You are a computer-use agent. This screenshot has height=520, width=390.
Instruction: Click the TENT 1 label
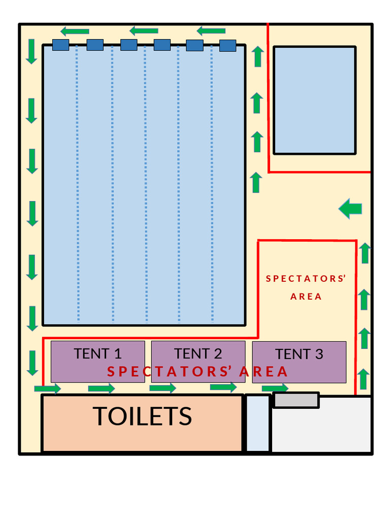(97, 353)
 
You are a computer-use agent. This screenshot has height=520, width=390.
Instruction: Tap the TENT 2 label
(198, 353)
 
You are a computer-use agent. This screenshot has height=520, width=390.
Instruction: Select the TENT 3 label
(299, 354)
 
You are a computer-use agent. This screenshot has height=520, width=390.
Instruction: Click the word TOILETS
(142, 416)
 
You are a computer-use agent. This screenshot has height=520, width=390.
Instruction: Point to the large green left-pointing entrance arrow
(350, 208)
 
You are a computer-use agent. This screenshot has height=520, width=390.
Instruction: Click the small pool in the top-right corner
(314, 100)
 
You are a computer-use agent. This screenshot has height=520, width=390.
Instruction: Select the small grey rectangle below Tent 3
(297, 400)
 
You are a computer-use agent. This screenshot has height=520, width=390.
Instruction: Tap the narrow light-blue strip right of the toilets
(258, 423)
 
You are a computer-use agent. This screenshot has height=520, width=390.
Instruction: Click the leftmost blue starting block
(60, 45)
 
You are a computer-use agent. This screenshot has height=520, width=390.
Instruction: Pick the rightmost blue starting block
(227, 46)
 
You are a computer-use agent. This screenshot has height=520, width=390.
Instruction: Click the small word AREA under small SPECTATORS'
(306, 297)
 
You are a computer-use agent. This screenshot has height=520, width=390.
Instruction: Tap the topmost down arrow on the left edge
(31, 51)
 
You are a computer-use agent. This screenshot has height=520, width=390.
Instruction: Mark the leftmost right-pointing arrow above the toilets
(47, 389)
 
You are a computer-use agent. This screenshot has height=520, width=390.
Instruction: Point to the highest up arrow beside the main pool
(258, 56)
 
